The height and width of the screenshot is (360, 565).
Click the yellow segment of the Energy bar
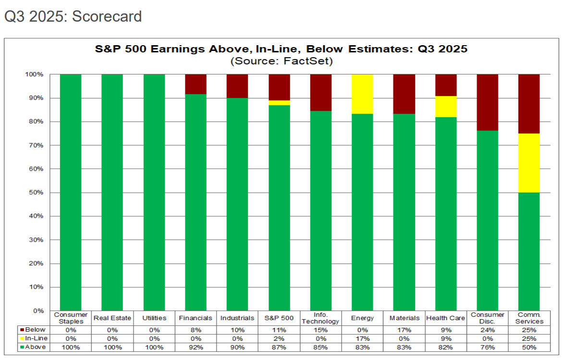point(362,94)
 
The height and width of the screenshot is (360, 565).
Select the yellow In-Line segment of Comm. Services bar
point(528,162)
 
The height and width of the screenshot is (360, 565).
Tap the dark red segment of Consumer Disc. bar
point(487,102)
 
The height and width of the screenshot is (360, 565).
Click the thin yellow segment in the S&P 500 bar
point(279,102)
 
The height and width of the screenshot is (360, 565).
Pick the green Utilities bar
point(154,192)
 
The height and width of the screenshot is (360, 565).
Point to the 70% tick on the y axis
point(37,145)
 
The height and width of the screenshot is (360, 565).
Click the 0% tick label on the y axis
point(38,310)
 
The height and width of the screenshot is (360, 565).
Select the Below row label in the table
point(35,330)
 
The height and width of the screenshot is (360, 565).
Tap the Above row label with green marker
point(35,347)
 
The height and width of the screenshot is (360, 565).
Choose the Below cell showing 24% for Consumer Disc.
point(487,330)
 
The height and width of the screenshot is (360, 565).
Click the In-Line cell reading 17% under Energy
point(362,338)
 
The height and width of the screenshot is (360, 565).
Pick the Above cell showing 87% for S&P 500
point(279,347)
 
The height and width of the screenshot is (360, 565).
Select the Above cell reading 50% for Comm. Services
point(528,347)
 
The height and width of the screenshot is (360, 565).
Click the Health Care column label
point(445,318)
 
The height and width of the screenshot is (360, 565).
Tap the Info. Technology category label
point(320,318)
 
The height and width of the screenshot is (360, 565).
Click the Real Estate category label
point(112,318)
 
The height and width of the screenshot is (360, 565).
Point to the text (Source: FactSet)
point(282,61)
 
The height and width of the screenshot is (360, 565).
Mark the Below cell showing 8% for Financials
point(196,330)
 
